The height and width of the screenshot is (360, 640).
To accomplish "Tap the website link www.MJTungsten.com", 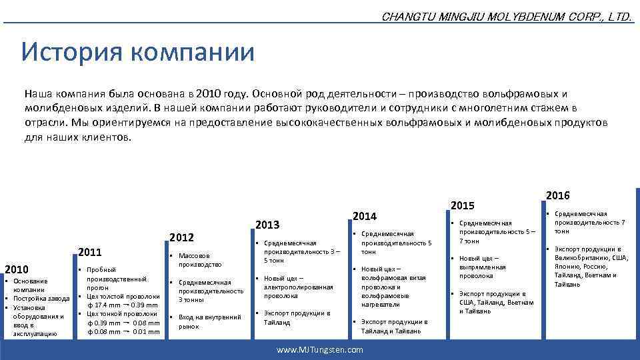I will [x=320, y=349].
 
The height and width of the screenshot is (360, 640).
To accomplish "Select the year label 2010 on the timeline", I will [x=17, y=269].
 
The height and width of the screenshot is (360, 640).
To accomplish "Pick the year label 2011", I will [x=90, y=253].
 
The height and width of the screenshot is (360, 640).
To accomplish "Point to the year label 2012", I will [x=181, y=237].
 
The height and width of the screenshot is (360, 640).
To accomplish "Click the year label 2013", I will [x=268, y=225].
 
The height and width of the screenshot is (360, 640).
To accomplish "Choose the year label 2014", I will [x=364, y=216].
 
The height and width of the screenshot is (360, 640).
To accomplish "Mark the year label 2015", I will [x=463, y=205].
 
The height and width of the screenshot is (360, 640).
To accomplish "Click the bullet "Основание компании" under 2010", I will [x=29, y=285].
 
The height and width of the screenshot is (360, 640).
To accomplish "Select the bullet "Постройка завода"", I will [x=41, y=299].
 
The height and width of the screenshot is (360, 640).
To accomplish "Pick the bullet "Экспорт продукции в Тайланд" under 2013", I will [x=297, y=317].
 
